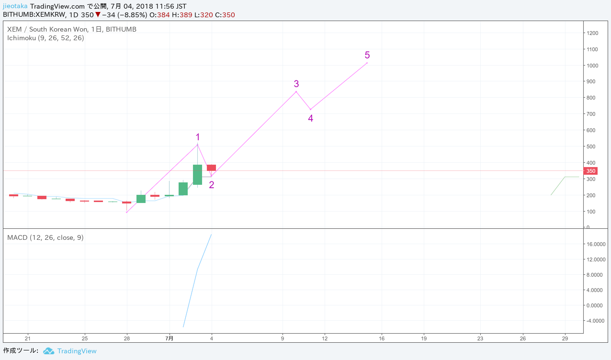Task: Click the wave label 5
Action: point(367,55)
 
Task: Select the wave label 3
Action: point(296,84)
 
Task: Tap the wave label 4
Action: point(310,118)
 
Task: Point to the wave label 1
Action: point(197,137)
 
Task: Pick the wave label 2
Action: point(211,185)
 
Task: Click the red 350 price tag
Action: point(591,171)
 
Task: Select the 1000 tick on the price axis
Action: point(592,66)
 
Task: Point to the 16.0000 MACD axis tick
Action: point(596,244)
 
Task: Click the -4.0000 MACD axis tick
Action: point(596,321)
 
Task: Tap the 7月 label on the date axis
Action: point(169,338)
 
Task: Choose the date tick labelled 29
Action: point(565,338)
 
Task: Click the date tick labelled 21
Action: point(28,338)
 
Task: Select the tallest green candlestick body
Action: point(197,175)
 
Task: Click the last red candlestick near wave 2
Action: point(211,168)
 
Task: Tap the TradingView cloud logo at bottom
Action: point(48,351)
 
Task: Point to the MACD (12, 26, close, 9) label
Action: point(45,237)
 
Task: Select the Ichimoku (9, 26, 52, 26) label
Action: point(45,38)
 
